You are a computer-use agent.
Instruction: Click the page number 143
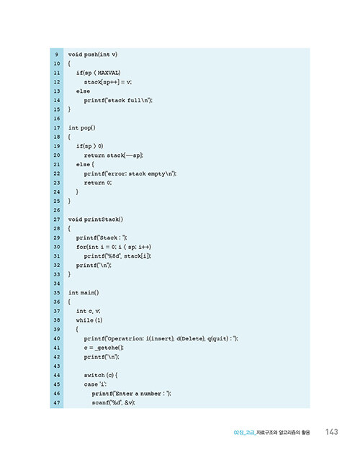coord(331,432)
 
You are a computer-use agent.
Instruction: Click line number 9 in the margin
coord(57,55)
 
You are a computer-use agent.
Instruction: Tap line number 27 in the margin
coord(57,220)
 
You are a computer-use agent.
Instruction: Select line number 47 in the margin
coord(57,403)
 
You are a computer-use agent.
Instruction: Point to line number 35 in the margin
coord(57,293)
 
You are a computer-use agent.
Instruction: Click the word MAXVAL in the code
coord(109,73)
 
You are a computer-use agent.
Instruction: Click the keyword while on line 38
coord(85,320)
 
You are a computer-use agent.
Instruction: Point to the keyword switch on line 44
coord(94,375)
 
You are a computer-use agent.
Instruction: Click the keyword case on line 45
coord(91,384)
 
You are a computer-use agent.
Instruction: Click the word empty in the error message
coord(156,174)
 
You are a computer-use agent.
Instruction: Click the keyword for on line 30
coord(81,247)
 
